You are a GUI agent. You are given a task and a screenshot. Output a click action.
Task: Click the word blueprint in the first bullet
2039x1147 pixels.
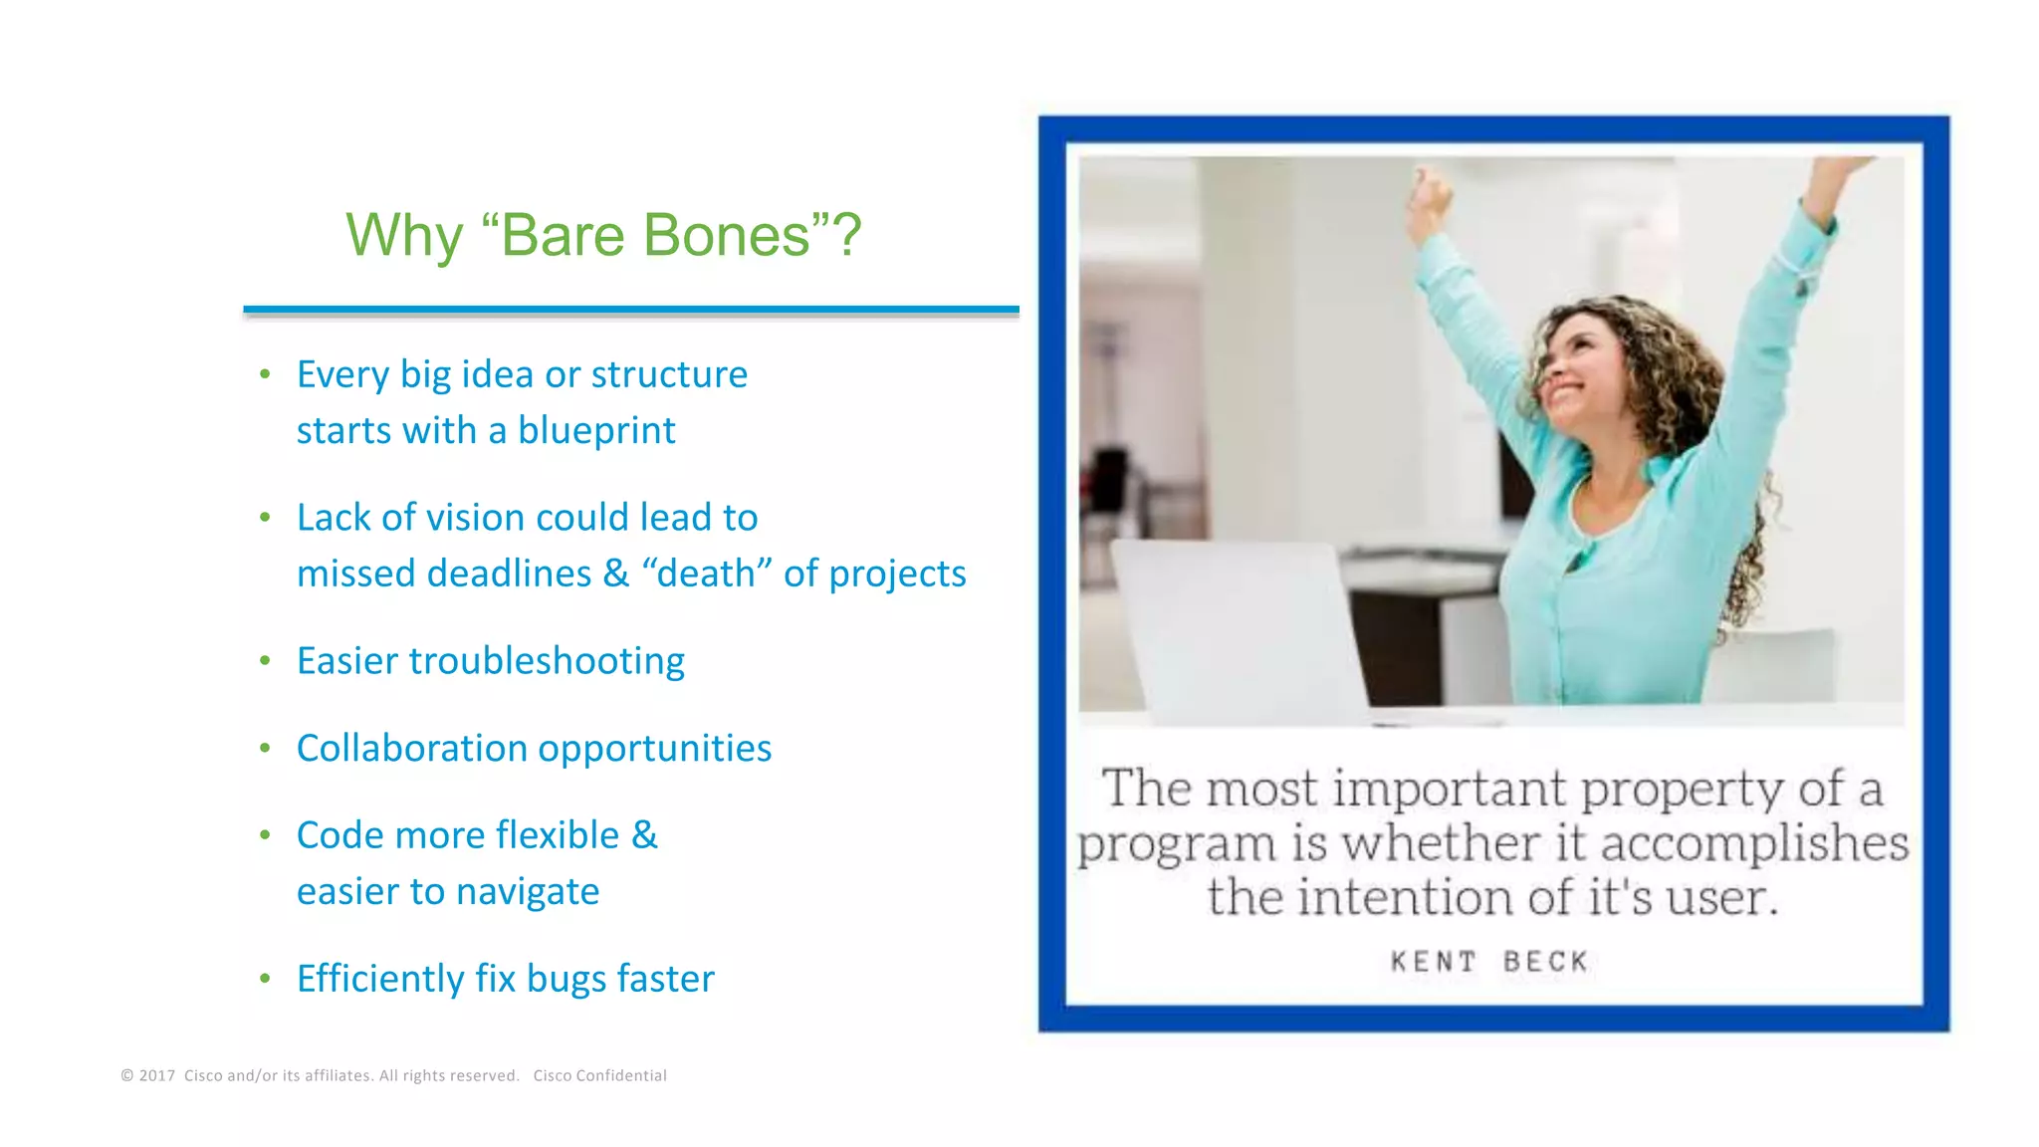tap(596, 431)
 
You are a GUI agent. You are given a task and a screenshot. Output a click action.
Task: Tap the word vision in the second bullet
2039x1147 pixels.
tap(477, 518)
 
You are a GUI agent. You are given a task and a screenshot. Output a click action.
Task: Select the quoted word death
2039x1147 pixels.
tap(707, 573)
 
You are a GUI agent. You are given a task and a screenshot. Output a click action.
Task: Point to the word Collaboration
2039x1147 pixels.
tap(403, 749)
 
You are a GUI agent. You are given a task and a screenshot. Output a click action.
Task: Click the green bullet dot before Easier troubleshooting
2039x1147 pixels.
tap(265, 661)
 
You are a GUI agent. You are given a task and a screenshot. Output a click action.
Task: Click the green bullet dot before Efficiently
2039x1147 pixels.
tap(265, 979)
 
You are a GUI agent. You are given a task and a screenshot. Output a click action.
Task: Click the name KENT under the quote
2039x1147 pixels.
tap(1433, 962)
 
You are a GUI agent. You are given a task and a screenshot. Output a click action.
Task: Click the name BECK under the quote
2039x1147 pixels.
tap(1546, 962)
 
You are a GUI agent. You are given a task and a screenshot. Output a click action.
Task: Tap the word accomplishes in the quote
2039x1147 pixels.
tap(1754, 843)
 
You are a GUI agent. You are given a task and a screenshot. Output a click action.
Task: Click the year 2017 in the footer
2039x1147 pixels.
tap(157, 1075)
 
